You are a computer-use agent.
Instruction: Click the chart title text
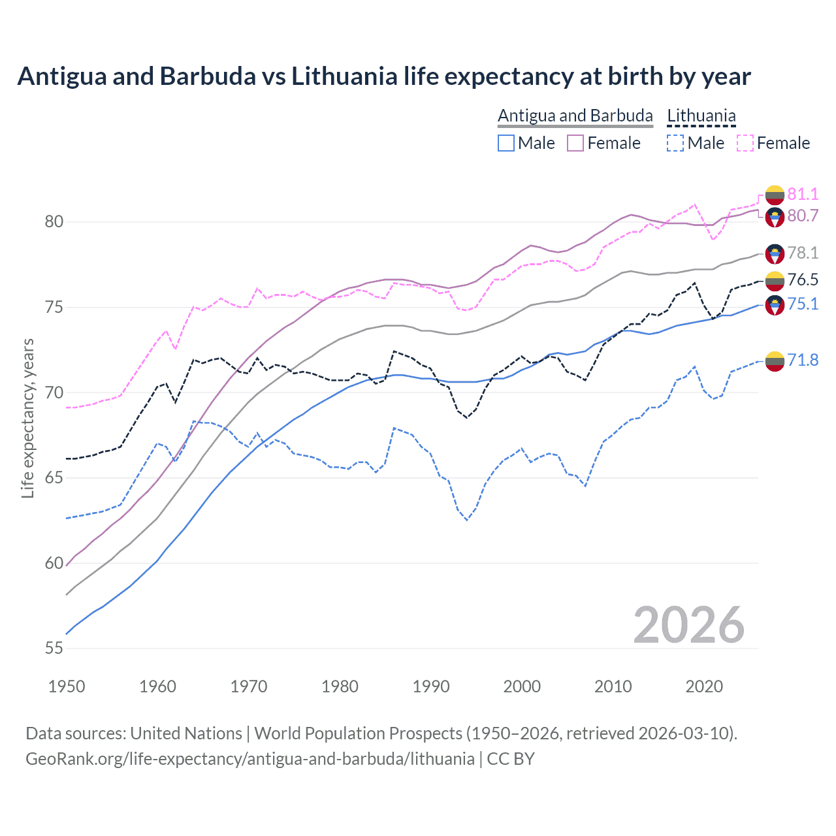point(384,76)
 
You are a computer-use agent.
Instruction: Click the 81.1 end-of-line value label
point(803,194)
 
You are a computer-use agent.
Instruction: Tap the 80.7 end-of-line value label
point(803,216)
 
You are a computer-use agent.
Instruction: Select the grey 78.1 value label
point(803,253)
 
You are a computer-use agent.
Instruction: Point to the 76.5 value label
point(803,280)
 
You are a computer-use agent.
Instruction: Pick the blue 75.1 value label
point(803,304)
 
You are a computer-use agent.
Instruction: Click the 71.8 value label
point(803,360)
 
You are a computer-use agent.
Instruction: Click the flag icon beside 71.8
point(775,361)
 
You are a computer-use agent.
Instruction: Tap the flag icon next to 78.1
point(775,253)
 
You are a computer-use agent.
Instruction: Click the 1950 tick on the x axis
point(67,686)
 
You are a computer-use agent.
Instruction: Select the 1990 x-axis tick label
point(431,686)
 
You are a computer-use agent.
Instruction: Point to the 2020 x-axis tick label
point(704,686)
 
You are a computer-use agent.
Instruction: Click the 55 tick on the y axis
point(54,649)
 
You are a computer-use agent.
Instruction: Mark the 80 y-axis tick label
point(54,222)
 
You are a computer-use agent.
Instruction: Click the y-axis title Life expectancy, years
point(27,418)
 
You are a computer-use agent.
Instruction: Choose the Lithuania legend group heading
point(701,116)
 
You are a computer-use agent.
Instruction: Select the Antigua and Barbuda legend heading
point(575,116)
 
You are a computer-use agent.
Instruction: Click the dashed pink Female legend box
point(745,143)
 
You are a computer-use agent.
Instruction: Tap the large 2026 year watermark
point(688,625)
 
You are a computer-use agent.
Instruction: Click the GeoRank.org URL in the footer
point(250,759)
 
